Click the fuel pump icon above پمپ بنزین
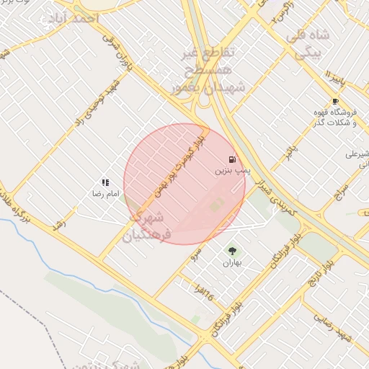(x=231, y=159)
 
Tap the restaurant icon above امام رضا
(x=105, y=183)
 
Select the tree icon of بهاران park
(x=232, y=251)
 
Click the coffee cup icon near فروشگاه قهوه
(x=335, y=101)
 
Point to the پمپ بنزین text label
(x=232, y=172)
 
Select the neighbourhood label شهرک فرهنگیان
(x=148, y=226)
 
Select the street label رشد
(x=59, y=223)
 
